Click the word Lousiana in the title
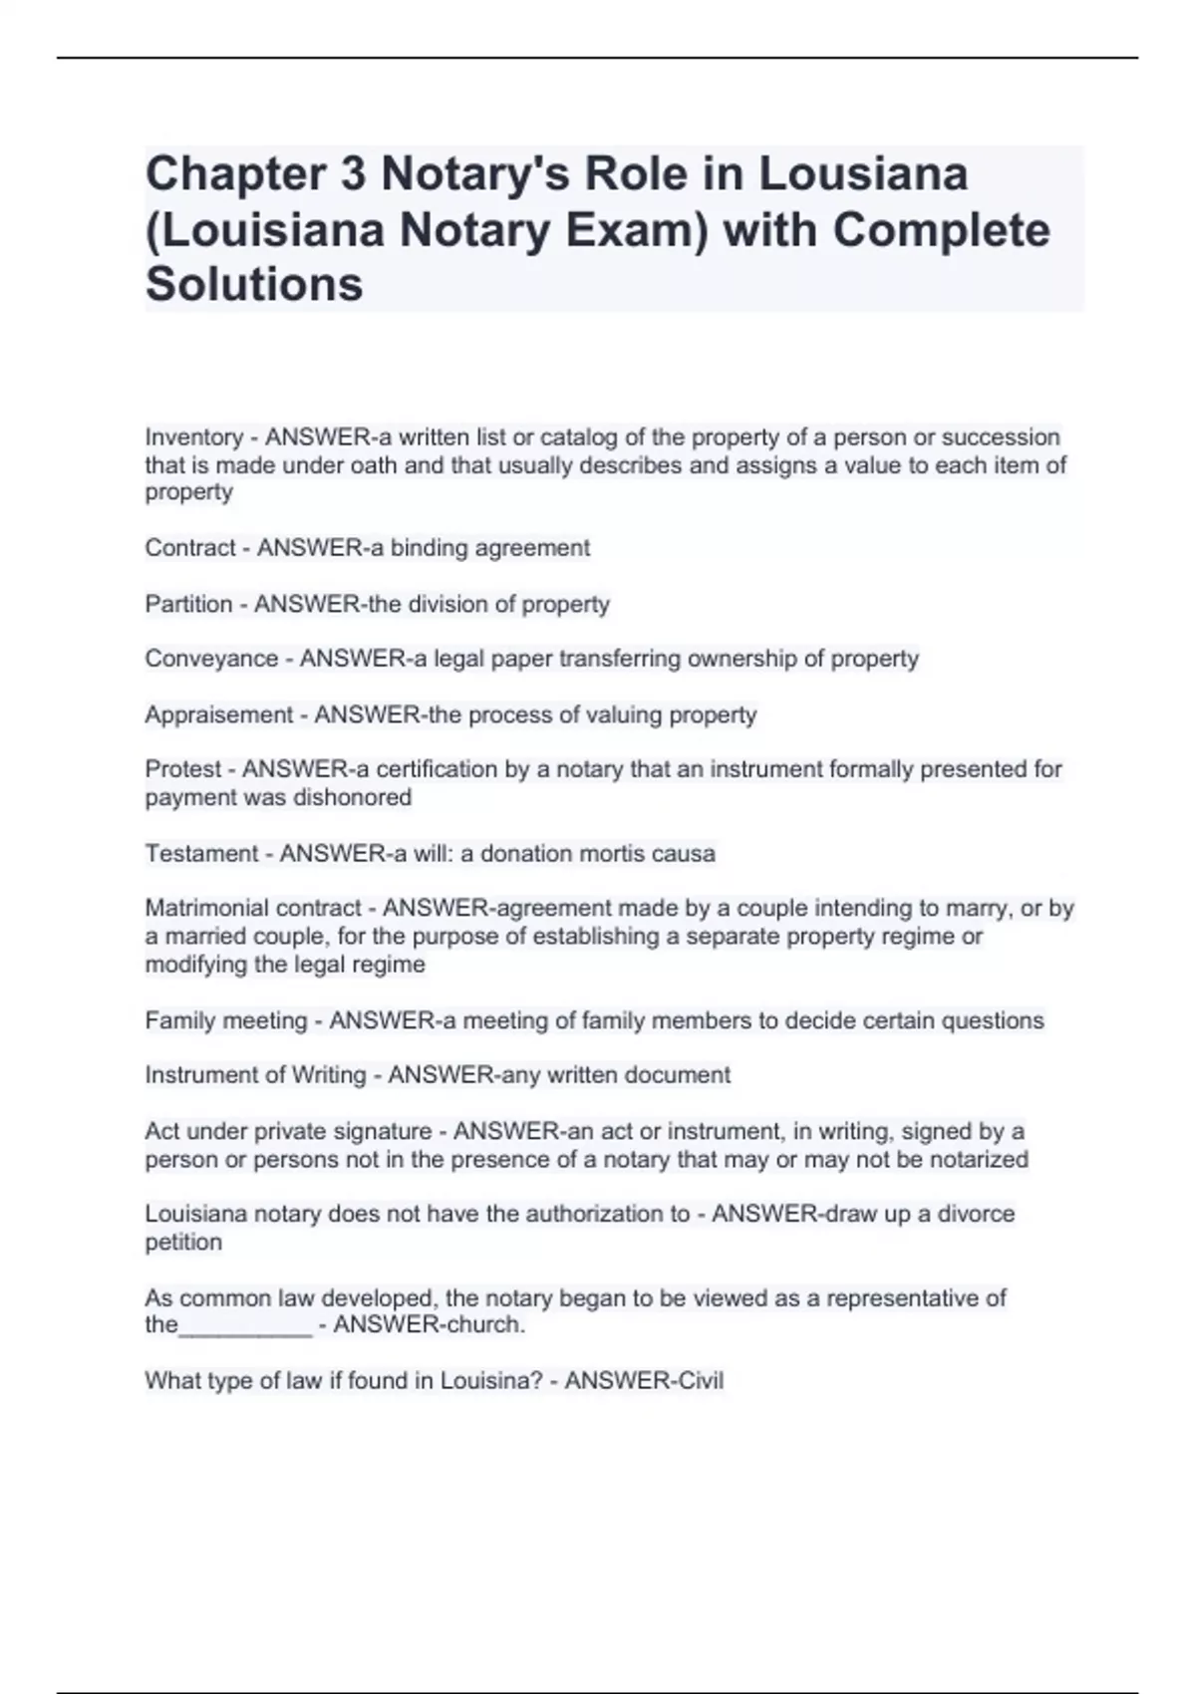[863, 174]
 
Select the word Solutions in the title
[254, 284]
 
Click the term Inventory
[193, 437]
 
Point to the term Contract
[189, 548]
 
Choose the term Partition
[188, 604]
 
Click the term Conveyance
[211, 659]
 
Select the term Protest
[183, 769]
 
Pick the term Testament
[202, 854]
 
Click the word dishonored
[360, 797]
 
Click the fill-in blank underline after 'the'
[245, 1327]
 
